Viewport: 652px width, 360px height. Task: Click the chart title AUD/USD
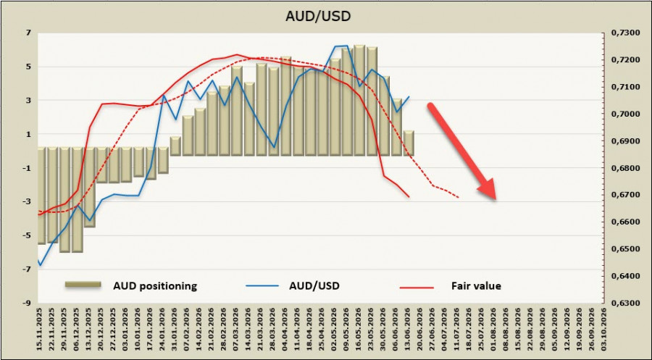[318, 16]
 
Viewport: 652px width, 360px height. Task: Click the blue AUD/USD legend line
[262, 286]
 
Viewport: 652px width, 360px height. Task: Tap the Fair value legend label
[476, 286]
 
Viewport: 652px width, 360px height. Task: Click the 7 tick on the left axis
[29, 33]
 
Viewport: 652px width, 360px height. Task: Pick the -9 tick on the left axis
[27, 303]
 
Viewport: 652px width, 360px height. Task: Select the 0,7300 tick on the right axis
[624, 33]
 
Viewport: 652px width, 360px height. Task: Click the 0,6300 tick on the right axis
[624, 303]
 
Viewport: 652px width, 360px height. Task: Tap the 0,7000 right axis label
[624, 114]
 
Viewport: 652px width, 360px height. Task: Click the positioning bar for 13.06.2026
[409, 143]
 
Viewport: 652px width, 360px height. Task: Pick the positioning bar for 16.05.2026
[359, 101]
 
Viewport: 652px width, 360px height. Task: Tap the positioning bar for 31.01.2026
[175, 146]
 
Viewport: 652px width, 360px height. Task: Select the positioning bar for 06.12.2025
[78, 200]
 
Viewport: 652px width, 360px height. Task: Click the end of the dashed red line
[459, 197]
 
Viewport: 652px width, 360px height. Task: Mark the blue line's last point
[409, 96]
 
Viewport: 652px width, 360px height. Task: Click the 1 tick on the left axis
[29, 134]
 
